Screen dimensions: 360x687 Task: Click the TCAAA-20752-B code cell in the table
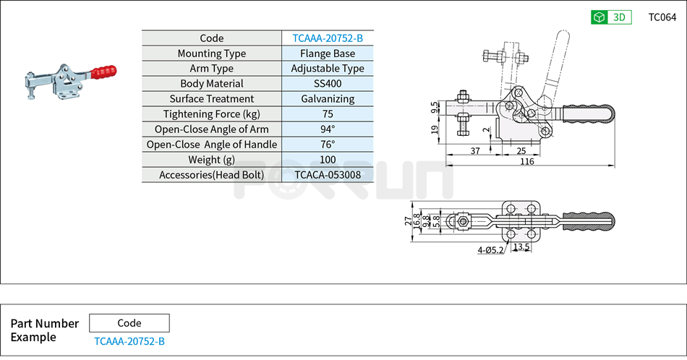[328, 38]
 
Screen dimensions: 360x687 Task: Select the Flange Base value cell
[328, 53]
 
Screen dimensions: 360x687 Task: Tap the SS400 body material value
[328, 84]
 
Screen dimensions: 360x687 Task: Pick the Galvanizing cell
[328, 99]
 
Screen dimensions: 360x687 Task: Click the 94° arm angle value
[328, 129]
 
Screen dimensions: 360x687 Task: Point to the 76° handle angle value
[328, 145]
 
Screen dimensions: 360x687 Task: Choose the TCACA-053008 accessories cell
[328, 175]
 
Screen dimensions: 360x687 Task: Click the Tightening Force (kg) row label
[211, 114]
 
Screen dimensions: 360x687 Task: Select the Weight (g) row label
[211, 160]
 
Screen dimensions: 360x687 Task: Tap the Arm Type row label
[211, 69]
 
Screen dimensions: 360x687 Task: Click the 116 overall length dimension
[526, 161]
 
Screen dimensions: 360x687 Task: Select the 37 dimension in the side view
[475, 150]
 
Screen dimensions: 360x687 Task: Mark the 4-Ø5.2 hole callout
[490, 250]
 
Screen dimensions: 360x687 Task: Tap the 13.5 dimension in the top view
[521, 247]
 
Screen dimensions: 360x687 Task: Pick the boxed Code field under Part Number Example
[129, 323]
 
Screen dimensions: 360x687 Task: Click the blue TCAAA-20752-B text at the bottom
[129, 341]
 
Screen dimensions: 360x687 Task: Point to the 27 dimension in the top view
[408, 220]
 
